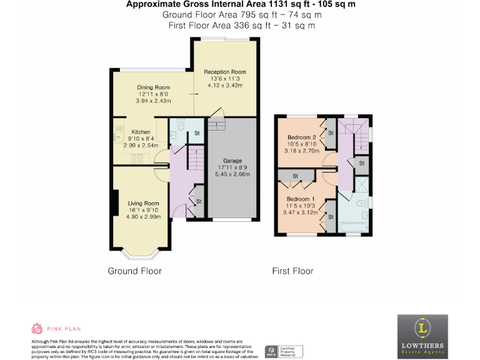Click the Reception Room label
coord(225,72)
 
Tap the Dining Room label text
coord(153,87)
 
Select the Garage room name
coord(232,160)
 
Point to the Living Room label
coord(144,203)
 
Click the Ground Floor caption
coord(134,271)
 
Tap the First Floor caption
coord(292,271)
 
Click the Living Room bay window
coord(139,252)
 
